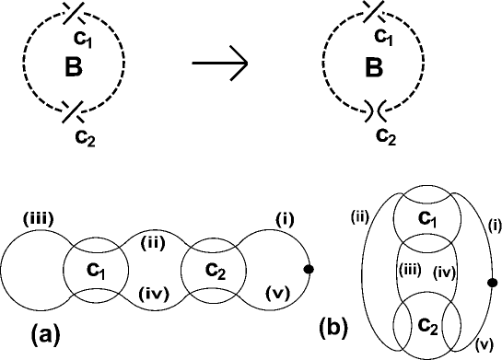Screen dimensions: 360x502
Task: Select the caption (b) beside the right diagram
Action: [x=329, y=326]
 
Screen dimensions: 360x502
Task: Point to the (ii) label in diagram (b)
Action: [x=359, y=217]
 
